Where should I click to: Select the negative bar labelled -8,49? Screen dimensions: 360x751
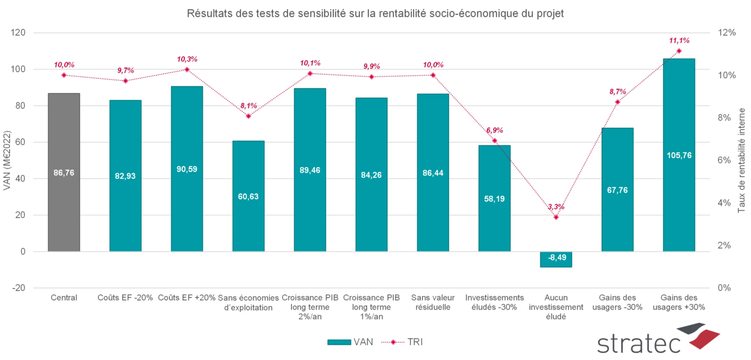pos(556,259)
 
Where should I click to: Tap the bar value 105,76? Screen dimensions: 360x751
pos(679,155)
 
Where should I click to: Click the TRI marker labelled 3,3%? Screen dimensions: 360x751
pos(556,217)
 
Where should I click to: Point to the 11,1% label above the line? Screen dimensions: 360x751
pos(679,40)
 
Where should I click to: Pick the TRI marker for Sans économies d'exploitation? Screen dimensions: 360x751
pos(248,116)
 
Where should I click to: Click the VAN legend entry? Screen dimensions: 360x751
pos(350,342)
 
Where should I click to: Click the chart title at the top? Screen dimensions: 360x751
pos(375,14)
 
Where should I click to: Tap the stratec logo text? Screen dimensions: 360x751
pos(639,343)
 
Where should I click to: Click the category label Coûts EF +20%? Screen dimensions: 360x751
pos(187,298)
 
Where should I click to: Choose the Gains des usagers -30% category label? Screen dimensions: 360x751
pos(617,302)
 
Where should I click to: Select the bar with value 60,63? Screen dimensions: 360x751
pos(248,196)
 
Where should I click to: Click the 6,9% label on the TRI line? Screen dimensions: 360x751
pos(494,130)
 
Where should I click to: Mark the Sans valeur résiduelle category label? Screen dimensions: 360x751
pos(433,302)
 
